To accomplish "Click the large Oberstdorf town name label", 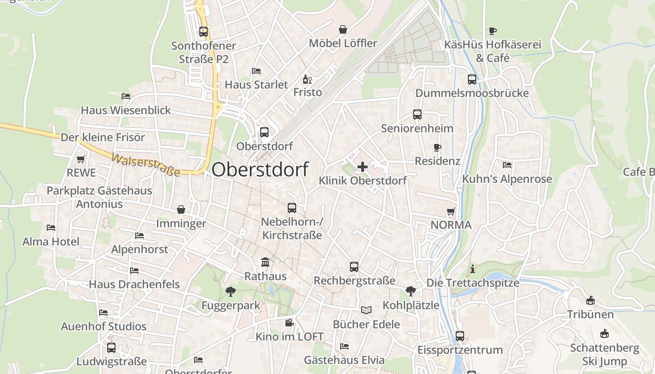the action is click(260, 169).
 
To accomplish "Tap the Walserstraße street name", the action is click(145, 165).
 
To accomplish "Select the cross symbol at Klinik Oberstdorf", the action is click(363, 166).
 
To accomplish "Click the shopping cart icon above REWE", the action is click(81, 159).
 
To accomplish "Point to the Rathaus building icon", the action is click(265, 262).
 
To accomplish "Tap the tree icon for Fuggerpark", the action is click(230, 292).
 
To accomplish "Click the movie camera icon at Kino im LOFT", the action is click(289, 323).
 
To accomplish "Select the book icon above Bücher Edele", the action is click(366, 310).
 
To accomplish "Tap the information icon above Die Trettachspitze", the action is click(473, 269).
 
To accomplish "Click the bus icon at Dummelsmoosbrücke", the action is click(472, 79).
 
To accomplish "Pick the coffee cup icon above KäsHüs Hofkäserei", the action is click(492, 31).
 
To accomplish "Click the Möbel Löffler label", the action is click(343, 43).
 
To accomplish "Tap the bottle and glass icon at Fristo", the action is click(307, 79).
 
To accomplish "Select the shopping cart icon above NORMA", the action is click(451, 211).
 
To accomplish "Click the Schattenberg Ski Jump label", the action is click(604, 354).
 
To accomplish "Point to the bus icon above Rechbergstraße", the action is click(354, 267).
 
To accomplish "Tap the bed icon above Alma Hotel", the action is click(51, 228).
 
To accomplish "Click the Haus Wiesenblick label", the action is click(126, 110).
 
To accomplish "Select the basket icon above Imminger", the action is click(181, 209).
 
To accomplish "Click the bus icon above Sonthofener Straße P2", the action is click(204, 32).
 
